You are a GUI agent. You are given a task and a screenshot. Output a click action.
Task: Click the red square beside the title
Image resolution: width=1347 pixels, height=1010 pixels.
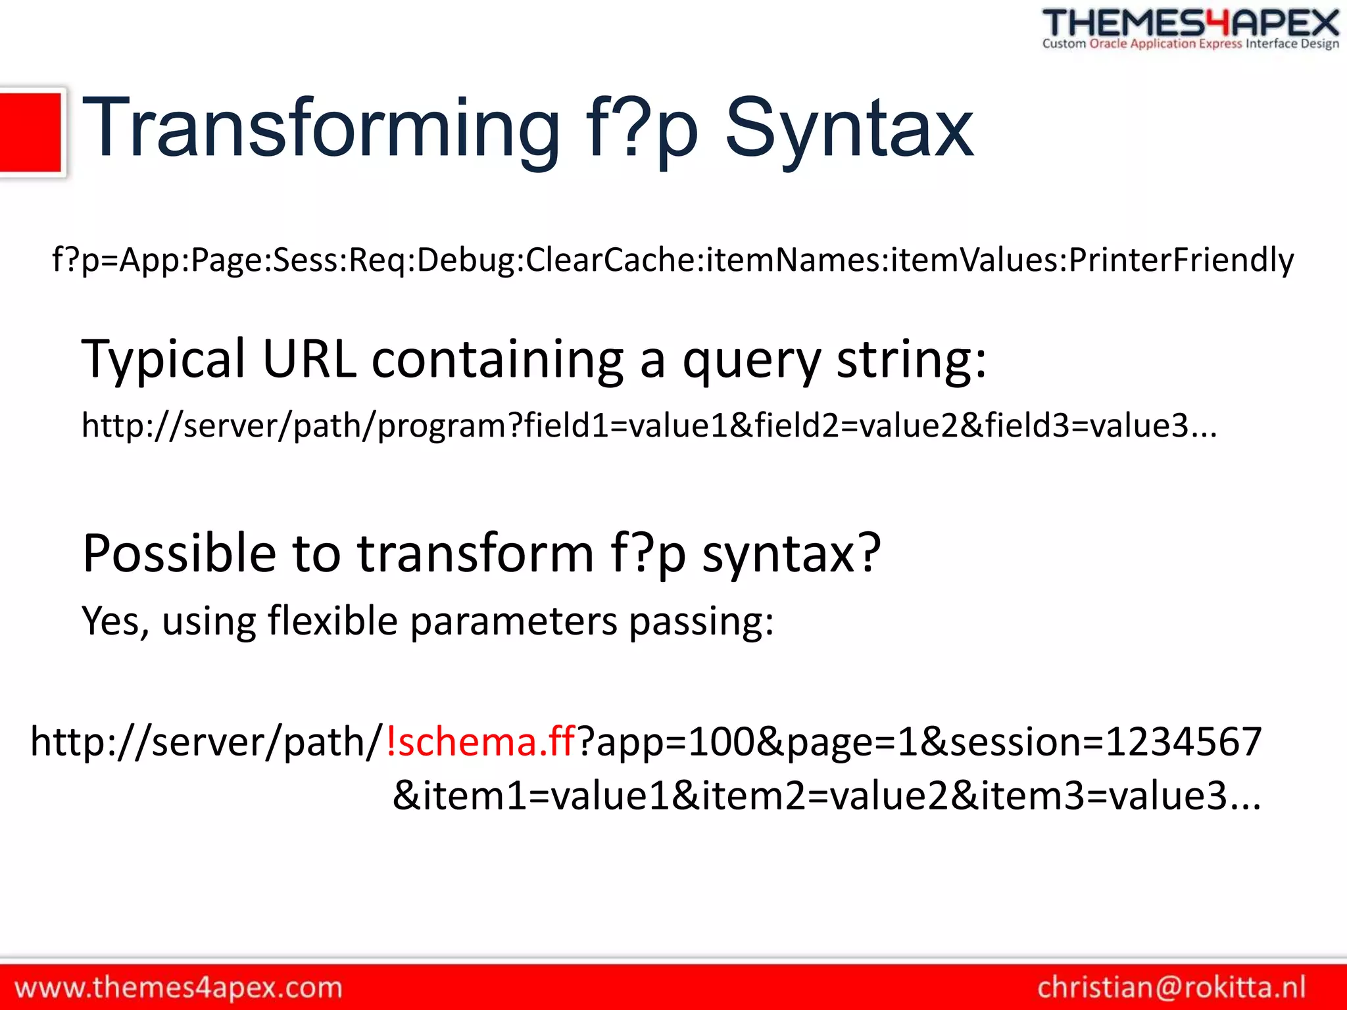coord(31,132)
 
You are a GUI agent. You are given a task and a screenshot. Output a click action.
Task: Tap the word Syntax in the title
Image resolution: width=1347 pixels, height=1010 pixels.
coord(848,128)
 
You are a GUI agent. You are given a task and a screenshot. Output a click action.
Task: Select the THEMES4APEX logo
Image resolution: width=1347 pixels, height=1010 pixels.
coord(1190,24)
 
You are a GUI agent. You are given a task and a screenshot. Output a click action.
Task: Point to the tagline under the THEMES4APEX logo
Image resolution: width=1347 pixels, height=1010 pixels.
coord(1190,44)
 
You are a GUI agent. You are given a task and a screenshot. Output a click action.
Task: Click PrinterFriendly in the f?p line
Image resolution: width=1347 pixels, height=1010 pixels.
coord(1181,260)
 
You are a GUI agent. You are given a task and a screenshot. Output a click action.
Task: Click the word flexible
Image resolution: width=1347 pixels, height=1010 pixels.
coord(333,621)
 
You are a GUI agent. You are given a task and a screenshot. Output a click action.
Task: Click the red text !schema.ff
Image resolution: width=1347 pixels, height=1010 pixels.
coord(481,742)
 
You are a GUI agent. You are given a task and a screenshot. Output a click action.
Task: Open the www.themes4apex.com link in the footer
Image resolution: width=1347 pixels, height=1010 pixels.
coord(178,988)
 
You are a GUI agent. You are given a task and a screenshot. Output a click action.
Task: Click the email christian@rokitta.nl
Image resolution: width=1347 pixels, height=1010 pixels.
coord(1171,988)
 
